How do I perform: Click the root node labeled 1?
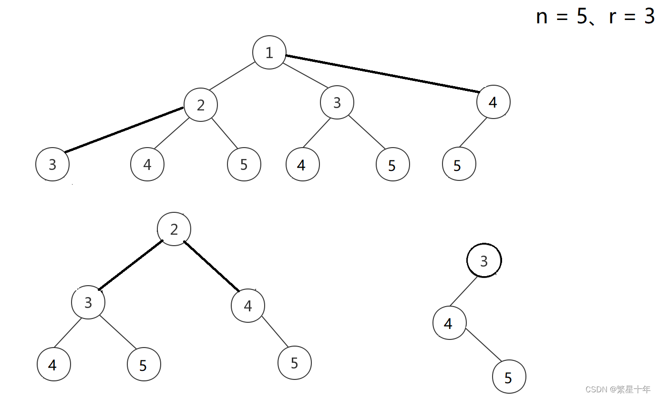pyautogui.click(x=269, y=52)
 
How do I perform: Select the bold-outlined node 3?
pyautogui.click(x=484, y=260)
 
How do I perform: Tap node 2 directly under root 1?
pyautogui.click(x=201, y=105)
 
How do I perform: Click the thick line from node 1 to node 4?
pyautogui.click(x=381, y=74)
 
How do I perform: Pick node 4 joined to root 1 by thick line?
pyautogui.click(x=493, y=102)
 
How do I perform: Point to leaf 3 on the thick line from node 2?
pyautogui.click(x=52, y=164)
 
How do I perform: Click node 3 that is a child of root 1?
pyautogui.click(x=337, y=102)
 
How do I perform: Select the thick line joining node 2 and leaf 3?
pyautogui.click(x=124, y=130)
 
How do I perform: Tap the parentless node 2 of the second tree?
pyautogui.click(x=174, y=229)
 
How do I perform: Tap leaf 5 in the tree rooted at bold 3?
pyautogui.click(x=509, y=377)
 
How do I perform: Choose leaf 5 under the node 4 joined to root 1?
pyautogui.click(x=459, y=164)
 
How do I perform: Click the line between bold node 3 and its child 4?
pyautogui.click(x=463, y=291)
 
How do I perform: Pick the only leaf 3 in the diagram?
pyautogui.click(x=52, y=164)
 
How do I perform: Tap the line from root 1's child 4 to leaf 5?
pyautogui.click(x=473, y=132)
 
